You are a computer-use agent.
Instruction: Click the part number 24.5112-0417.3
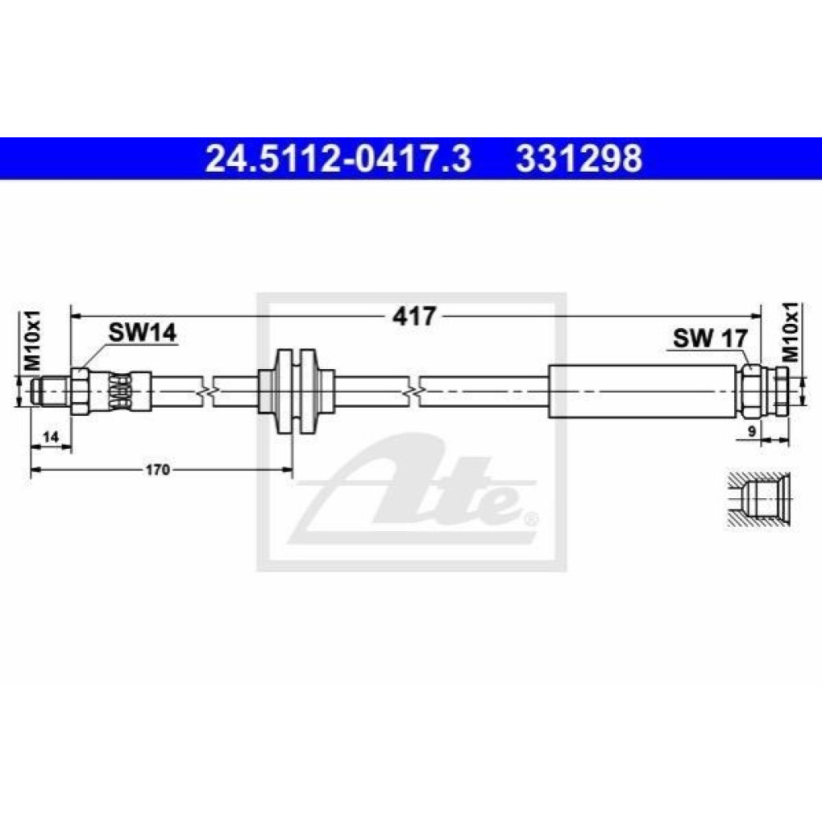(338, 159)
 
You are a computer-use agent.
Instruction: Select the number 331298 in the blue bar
(579, 159)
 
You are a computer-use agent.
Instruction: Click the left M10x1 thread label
(33, 342)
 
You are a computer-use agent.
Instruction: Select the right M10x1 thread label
(791, 332)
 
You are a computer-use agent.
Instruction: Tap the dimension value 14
(51, 436)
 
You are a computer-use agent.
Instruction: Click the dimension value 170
(158, 469)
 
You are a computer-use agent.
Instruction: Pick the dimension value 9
(752, 432)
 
